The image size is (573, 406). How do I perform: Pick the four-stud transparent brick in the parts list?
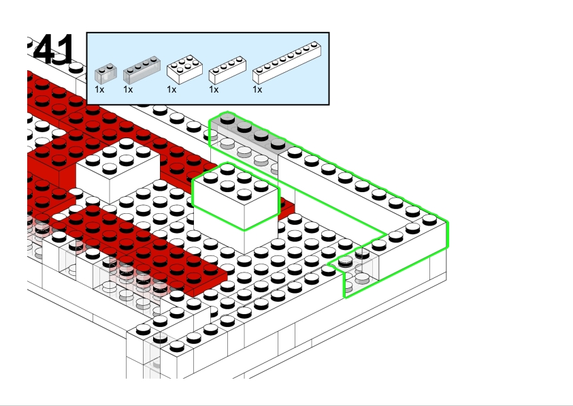point(142,67)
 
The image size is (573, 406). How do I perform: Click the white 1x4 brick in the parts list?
point(227,68)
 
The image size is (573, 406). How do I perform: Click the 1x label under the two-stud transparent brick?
point(99,89)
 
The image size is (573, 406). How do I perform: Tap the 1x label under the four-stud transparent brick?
point(128,89)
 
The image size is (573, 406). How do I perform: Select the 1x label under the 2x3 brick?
point(171,89)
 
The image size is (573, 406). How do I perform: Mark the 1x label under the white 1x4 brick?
point(214,89)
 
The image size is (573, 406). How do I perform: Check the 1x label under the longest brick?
point(257,89)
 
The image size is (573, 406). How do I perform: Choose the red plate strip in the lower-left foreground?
point(146,252)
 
